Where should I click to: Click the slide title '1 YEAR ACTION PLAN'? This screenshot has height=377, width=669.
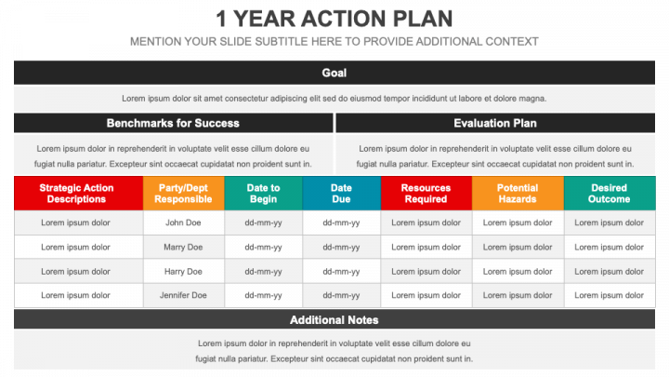334,19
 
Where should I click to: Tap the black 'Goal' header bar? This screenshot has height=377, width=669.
334,73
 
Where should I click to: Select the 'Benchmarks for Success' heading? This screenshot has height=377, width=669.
173,123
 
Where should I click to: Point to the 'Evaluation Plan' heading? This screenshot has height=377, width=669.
495,123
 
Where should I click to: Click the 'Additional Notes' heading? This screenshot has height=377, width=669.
334,319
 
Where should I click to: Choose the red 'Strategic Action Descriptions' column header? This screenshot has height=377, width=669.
78,194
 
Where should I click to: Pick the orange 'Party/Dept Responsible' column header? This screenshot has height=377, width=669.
183,194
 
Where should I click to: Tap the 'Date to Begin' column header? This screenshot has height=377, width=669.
263,194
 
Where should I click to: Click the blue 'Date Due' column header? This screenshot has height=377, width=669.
341,194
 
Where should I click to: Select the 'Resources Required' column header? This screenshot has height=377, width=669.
426,194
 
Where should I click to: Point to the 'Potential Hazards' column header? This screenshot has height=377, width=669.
518,194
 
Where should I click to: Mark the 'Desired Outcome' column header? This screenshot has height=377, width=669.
610,194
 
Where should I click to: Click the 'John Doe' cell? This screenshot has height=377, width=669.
183,222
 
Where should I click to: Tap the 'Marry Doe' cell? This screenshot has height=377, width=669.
183,247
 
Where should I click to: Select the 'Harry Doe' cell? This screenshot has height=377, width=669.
183,272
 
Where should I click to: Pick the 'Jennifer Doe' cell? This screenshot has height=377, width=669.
183,295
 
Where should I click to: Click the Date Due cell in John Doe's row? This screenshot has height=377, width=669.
341,222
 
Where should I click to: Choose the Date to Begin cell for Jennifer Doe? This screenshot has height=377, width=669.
263,295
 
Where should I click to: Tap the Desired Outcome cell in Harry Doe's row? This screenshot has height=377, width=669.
610,272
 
